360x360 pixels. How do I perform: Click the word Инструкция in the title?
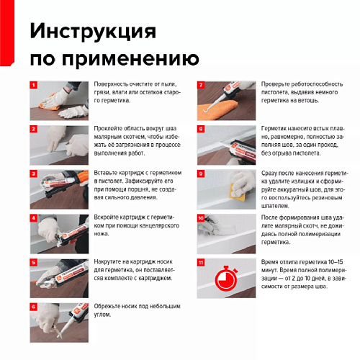click(x=93, y=32)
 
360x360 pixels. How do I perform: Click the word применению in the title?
click(x=130, y=58)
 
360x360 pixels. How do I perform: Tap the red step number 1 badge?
click(x=34, y=85)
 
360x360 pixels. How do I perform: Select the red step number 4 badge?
click(x=34, y=218)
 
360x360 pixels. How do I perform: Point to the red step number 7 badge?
click(x=201, y=85)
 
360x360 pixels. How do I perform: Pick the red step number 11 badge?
click(x=201, y=262)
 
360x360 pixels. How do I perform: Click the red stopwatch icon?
click(x=226, y=278)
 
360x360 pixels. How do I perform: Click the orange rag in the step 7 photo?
click(x=218, y=109)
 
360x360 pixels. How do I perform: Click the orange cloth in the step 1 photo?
click(x=49, y=104)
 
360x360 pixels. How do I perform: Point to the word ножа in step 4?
click(x=102, y=234)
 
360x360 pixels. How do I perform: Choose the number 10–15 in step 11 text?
click(x=336, y=262)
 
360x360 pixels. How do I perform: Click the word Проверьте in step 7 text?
click(x=275, y=84)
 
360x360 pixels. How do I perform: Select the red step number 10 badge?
click(x=201, y=218)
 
